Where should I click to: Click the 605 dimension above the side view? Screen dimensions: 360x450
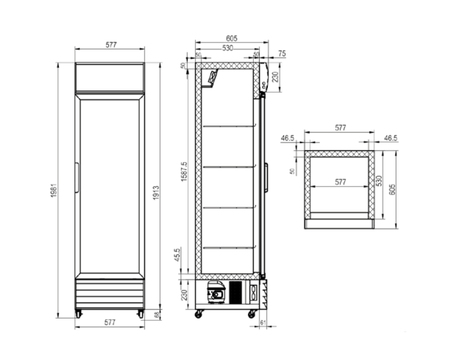[231, 33]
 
